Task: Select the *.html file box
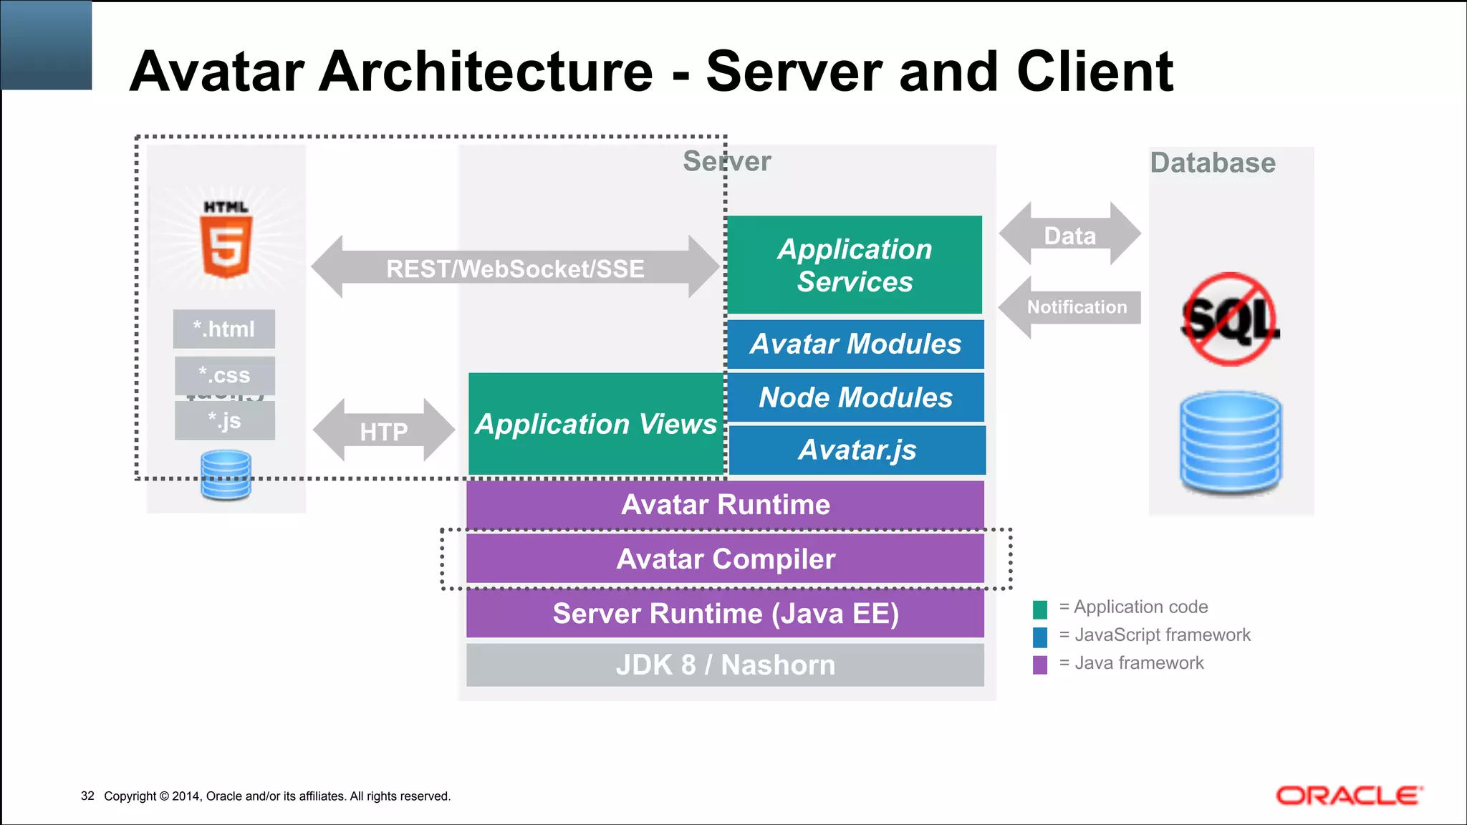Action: click(223, 329)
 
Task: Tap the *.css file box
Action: click(224, 375)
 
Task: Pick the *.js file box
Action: click(224, 420)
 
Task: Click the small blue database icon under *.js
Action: click(226, 474)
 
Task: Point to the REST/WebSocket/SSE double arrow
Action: click(515, 268)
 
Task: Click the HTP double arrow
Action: click(384, 431)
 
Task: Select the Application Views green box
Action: click(595, 424)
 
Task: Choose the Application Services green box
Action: click(855, 265)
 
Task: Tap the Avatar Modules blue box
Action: click(855, 344)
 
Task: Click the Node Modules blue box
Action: click(855, 397)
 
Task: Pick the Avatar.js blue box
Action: click(857, 450)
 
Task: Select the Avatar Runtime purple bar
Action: click(725, 505)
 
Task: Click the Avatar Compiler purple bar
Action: click(725, 559)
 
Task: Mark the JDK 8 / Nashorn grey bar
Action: click(725, 665)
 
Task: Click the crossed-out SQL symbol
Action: click(1230, 319)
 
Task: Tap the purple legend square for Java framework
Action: click(1040, 665)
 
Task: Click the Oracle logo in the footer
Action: click(1349, 796)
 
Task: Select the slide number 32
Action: click(87, 796)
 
